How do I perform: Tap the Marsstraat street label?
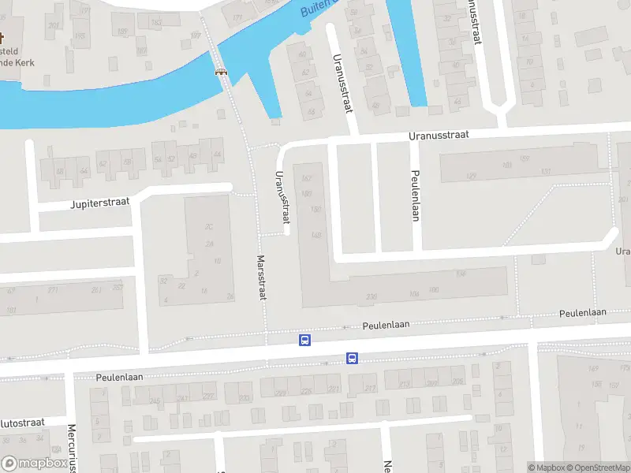(x=261, y=277)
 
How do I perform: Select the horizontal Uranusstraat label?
(x=439, y=136)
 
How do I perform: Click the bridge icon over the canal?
(x=221, y=71)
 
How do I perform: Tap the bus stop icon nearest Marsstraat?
(x=304, y=341)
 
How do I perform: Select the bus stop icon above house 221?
(x=352, y=358)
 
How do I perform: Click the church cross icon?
(x=2, y=38)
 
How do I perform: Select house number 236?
(x=372, y=297)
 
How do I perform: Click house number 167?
(x=307, y=178)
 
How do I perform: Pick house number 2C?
(x=209, y=227)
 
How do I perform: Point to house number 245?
(x=155, y=401)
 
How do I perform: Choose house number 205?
(x=457, y=382)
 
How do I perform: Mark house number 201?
(x=54, y=26)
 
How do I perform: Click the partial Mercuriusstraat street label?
(x=71, y=445)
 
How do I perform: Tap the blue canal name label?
(x=319, y=8)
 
